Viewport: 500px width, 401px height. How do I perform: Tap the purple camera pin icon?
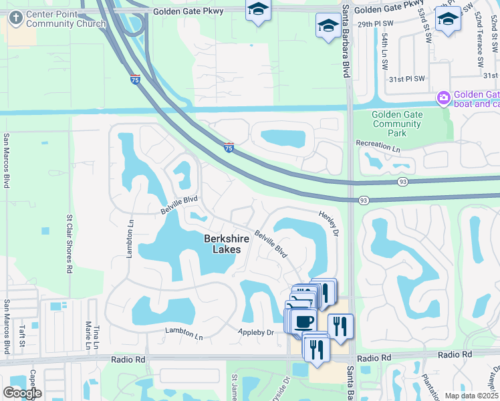(x=443, y=99)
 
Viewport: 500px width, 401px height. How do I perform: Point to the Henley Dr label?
(x=334, y=221)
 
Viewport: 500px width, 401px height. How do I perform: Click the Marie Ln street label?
(x=88, y=335)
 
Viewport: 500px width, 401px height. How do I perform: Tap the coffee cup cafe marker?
(x=303, y=321)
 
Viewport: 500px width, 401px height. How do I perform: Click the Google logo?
(x=22, y=393)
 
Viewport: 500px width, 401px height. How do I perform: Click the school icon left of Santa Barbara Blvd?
(x=328, y=26)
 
